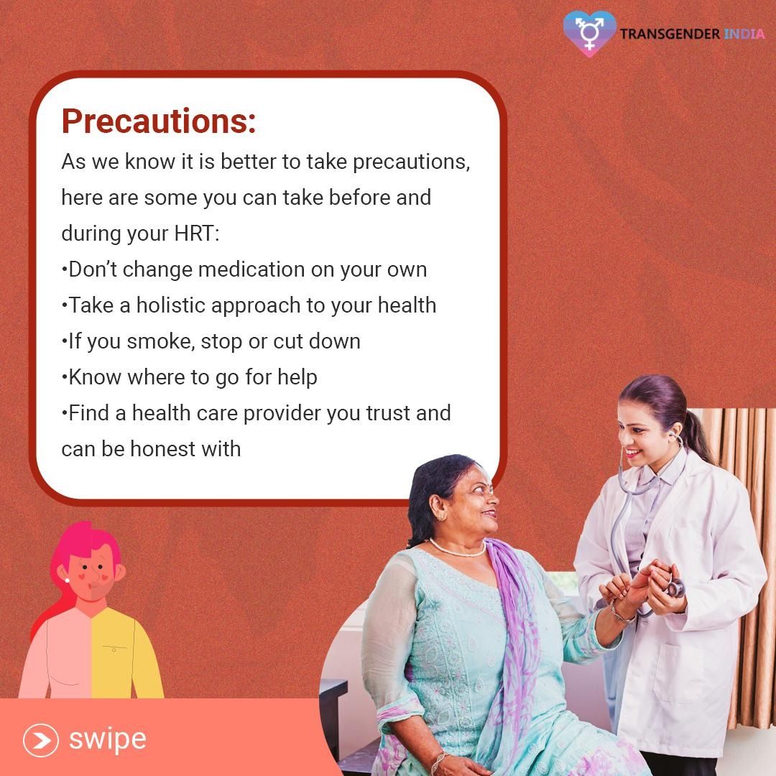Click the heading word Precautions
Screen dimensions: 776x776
[x=158, y=121]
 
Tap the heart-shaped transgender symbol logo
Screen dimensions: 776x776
[x=589, y=33]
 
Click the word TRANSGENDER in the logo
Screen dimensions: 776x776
[x=670, y=34]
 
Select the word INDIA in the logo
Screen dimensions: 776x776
[x=744, y=34]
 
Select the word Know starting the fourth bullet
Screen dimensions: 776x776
[x=95, y=377]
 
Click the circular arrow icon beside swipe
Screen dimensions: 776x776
[x=41, y=740]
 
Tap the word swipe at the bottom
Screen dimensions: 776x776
[x=107, y=740]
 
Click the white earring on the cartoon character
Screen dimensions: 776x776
[x=67, y=580]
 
